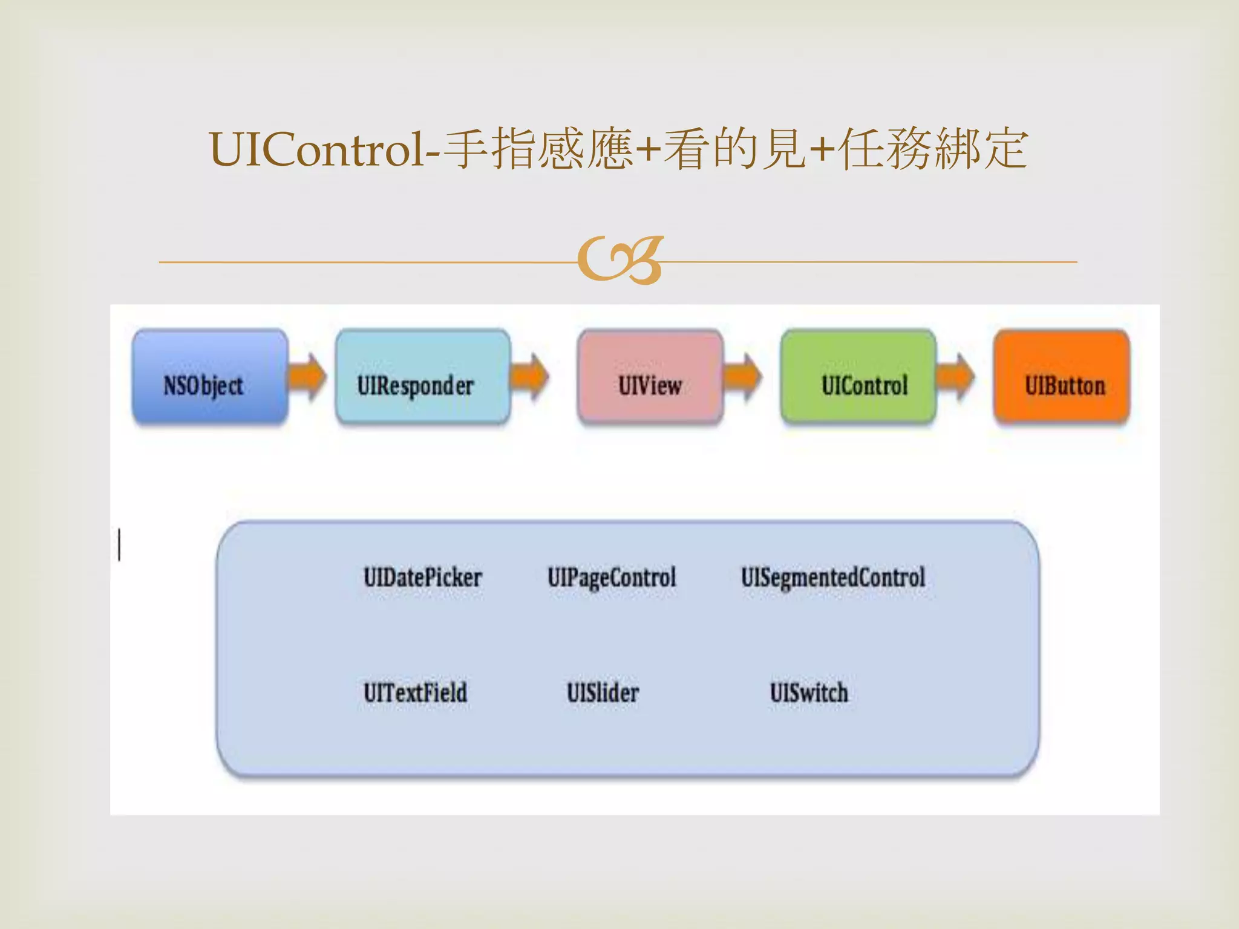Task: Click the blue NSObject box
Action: point(209,376)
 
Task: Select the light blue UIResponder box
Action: point(422,376)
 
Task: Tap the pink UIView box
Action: point(650,376)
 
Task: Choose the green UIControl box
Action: point(858,376)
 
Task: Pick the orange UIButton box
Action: point(1062,376)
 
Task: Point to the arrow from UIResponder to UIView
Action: point(529,376)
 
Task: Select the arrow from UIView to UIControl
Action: point(744,376)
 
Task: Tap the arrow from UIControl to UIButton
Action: point(956,376)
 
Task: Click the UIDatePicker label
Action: point(422,578)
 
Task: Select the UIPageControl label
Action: point(611,578)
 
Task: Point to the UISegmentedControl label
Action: point(832,578)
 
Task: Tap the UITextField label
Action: point(415,693)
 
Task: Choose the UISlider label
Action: point(603,693)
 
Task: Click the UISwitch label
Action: point(808,693)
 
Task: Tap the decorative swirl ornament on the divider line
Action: point(620,261)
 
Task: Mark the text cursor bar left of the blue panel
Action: point(119,544)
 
